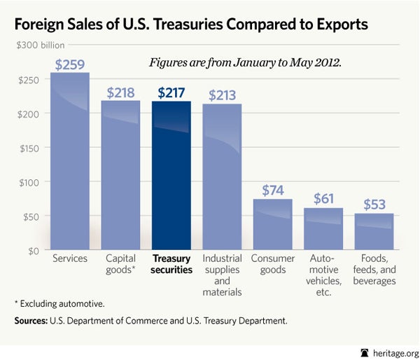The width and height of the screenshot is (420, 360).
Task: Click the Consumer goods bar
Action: (x=273, y=224)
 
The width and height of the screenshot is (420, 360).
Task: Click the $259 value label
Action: (x=70, y=64)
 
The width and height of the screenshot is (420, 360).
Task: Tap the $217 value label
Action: (x=171, y=93)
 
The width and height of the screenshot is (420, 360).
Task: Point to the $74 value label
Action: (x=273, y=191)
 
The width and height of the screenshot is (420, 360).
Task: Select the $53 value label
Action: (x=374, y=205)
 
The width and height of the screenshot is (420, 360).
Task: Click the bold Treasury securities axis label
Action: (x=171, y=264)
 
